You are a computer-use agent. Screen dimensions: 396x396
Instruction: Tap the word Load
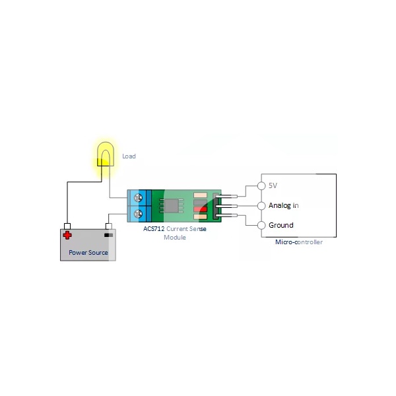(x=129, y=156)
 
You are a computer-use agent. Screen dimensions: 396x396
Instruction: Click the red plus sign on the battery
(x=67, y=234)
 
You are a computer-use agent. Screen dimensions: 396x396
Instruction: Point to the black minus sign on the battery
(x=108, y=234)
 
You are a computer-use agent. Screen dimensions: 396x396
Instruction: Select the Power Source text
(x=88, y=252)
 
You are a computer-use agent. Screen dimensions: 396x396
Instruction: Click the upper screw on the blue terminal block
(x=138, y=197)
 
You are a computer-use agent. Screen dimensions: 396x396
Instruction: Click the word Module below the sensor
(x=174, y=237)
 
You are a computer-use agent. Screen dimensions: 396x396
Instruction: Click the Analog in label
(x=283, y=205)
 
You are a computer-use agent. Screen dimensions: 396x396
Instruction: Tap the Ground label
(x=280, y=225)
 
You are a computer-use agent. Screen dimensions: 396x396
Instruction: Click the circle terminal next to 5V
(x=261, y=185)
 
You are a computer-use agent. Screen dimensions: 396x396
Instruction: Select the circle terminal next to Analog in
(x=261, y=205)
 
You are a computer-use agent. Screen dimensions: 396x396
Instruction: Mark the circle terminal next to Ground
(x=261, y=225)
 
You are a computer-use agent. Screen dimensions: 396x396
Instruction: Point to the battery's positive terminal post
(x=67, y=226)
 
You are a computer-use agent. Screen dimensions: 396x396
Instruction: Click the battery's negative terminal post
(x=108, y=226)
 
